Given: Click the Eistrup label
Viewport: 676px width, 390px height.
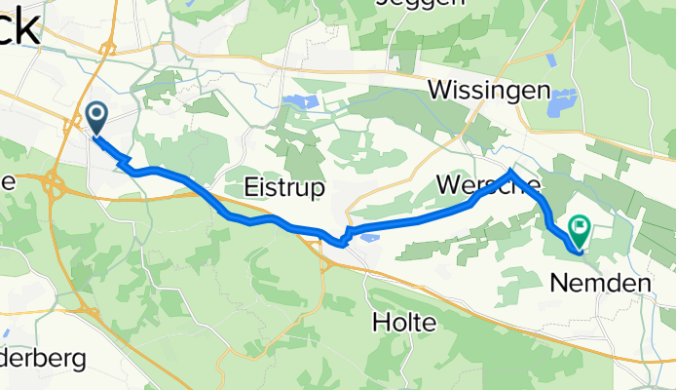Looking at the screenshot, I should [x=283, y=188].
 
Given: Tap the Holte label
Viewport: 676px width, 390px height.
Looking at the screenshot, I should [x=403, y=322].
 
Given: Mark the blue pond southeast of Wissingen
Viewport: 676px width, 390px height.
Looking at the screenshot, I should [x=563, y=101].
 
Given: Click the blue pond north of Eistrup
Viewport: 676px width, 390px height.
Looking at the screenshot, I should [x=300, y=101].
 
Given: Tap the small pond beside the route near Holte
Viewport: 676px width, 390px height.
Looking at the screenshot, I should [x=370, y=235].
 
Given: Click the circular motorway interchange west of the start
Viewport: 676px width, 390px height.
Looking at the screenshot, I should [x=55, y=184].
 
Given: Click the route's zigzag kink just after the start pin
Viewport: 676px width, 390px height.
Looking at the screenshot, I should [x=127, y=160].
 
